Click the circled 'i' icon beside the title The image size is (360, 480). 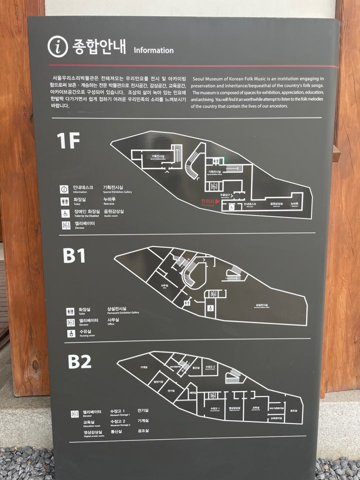pyautogui.click(x=57, y=46)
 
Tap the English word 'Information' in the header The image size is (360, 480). pyautogui.click(x=153, y=50)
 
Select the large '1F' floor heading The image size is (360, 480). pyautogui.click(x=68, y=142)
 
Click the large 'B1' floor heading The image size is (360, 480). pyautogui.click(x=74, y=256)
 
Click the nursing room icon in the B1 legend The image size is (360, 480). pyautogui.click(x=70, y=333)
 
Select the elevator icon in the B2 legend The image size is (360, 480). pyautogui.click(x=74, y=413)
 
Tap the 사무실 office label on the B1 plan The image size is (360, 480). pyautogui.click(x=163, y=286)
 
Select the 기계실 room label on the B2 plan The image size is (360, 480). pyautogui.click(x=143, y=367)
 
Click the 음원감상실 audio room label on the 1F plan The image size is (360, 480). pyautogui.click(x=276, y=204)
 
